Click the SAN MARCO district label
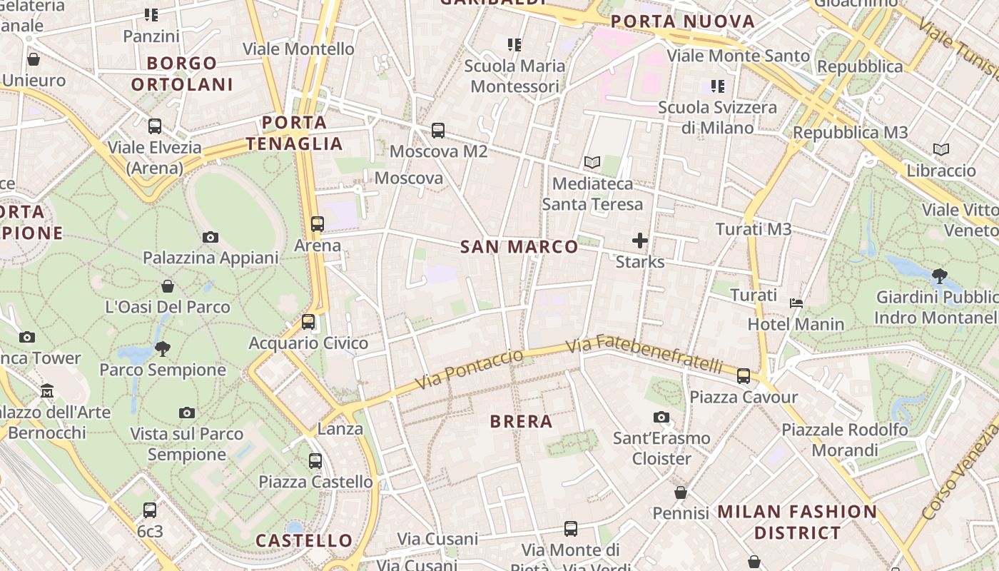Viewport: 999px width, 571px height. click(x=519, y=247)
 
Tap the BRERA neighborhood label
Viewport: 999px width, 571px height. click(x=522, y=421)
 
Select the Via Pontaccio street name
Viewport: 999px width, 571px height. click(x=469, y=369)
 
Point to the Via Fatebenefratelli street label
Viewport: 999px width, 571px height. click(x=644, y=353)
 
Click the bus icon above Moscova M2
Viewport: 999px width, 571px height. click(x=438, y=131)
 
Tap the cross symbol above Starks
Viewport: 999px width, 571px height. click(x=640, y=241)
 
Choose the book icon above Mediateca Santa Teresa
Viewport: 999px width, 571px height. click(x=592, y=162)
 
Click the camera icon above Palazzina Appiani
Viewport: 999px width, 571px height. click(x=211, y=237)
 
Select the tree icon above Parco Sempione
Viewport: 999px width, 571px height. click(x=163, y=348)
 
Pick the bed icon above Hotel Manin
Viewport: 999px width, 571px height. click(x=796, y=303)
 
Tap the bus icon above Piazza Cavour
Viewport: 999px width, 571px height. click(x=744, y=375)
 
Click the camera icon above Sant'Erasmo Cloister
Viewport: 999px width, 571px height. click(x=661, y=417)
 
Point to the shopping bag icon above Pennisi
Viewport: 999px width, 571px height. click(x=681, y=492)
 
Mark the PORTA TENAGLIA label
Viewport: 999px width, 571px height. click(x=294, y=133)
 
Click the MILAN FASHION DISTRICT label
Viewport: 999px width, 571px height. click(x=797, y=522)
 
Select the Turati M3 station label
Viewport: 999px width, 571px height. click(x=754, y=229)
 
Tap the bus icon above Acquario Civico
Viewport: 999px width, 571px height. click(x=308, y=322)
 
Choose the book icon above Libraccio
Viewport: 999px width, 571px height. click(x=941, y=150)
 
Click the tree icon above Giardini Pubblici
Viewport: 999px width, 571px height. click(x=940, y=276)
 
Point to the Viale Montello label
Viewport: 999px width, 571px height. click(x=298, y=49)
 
